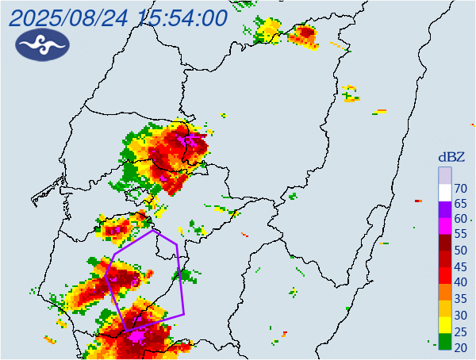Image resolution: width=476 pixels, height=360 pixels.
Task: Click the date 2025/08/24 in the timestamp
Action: click(71, 17)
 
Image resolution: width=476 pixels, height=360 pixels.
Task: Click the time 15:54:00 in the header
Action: click(182, 17)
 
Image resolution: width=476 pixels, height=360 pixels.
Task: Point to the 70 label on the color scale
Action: click(461, 188)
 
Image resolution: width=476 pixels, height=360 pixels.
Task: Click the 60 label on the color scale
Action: click(461, 219)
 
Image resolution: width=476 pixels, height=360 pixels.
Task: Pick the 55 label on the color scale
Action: click(461, 235)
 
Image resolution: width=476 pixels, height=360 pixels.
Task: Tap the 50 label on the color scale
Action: click(461, 251)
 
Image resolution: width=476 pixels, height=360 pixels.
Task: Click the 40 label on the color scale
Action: click(461, 282)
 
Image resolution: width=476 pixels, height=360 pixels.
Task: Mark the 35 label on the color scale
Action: click(461, 299)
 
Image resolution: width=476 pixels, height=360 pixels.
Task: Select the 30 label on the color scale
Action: click(461, 315)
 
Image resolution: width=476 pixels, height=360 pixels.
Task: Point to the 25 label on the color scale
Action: click(461, 331)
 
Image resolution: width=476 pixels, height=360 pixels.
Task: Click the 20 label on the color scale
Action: click(461, 347)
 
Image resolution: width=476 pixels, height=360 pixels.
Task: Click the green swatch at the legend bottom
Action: click(445, 343)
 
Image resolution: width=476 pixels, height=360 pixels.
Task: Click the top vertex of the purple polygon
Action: click(153, 231)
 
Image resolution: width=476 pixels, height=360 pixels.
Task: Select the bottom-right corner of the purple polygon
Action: click(184, 314)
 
